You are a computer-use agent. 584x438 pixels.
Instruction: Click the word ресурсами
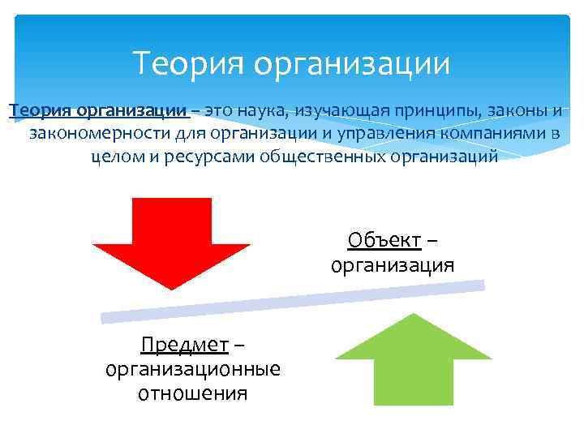click(213, 155)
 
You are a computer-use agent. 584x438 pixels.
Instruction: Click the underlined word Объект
click(384, 241)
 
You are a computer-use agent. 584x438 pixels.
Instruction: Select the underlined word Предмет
click(184, 346)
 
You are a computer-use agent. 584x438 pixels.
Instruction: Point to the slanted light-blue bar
click(292, 300)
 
